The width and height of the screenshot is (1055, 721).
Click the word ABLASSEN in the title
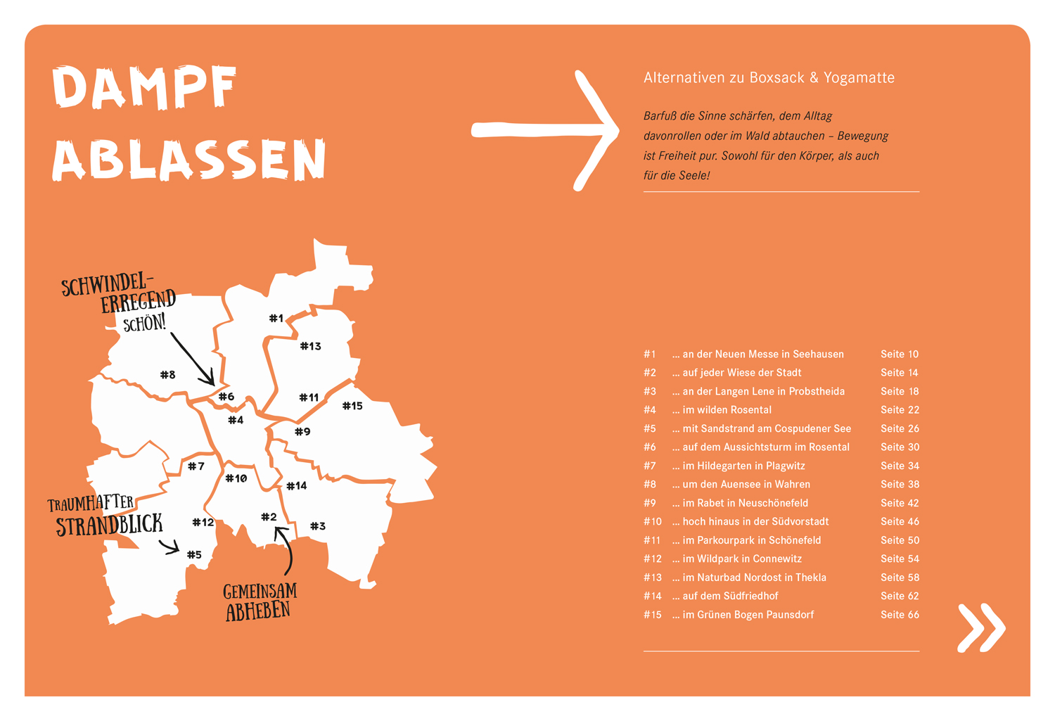189,160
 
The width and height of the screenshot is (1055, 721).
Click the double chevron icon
981,627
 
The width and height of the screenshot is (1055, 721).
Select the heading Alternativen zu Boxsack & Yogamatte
769,78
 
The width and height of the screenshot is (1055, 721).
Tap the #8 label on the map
167,375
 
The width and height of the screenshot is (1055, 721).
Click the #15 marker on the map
352,406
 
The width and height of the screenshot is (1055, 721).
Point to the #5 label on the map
194,555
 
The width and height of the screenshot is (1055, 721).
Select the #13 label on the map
310,346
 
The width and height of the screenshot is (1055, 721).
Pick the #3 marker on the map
318,526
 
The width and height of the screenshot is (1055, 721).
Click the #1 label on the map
276,319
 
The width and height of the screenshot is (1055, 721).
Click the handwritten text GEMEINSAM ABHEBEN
260,601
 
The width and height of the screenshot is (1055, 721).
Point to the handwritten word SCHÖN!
144,324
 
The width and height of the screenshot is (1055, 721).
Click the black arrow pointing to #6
193,359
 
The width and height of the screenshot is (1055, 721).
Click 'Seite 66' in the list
900,615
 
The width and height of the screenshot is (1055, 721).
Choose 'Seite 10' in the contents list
900,355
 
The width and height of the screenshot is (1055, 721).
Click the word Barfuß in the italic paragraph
660,116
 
